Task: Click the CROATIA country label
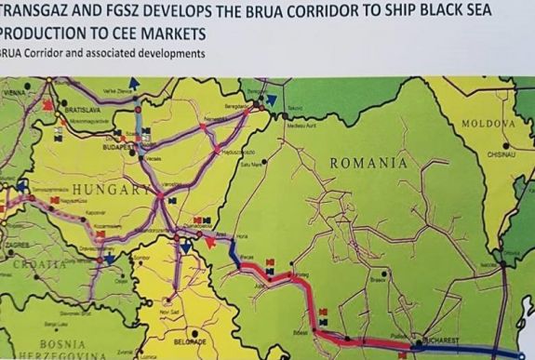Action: pos(28,264)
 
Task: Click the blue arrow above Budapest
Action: pos(135,84)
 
